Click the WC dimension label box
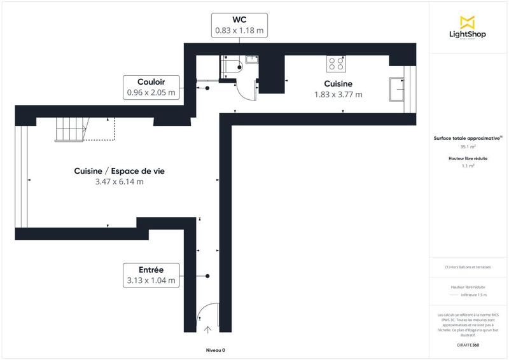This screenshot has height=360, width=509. (x=240, y=24)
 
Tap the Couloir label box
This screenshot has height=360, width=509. (x=151, y=87)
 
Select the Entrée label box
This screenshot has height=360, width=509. (x=151, y=274)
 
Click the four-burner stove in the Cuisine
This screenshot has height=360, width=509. (x=336, y=64)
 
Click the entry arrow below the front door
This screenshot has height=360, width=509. (x=207, y=329)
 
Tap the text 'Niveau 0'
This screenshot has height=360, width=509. (x=215, y=350)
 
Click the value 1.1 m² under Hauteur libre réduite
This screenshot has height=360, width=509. (x=469, y=166)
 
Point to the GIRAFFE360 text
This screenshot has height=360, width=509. (x=468, y=344)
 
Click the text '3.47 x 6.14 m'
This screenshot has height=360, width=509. (x=115, y=182)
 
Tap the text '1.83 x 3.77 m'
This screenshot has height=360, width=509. (x=338, y=95)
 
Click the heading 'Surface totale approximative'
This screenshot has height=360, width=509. (x=468, y=137)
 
